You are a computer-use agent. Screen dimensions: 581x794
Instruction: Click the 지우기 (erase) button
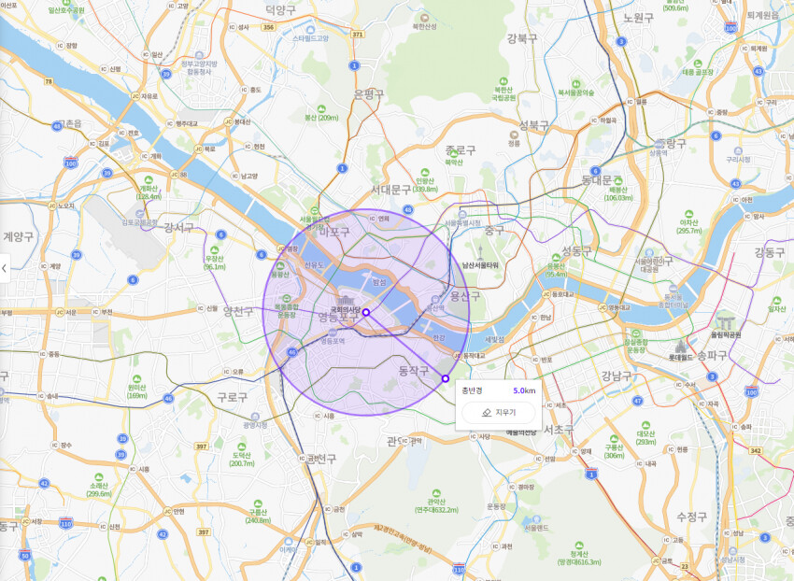pyautogui.click(x=498, y=412)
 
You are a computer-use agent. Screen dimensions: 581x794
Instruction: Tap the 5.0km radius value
pyautogui.click(x=524, y=390)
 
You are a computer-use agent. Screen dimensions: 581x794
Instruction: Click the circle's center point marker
pyautogui.click(x=366, y=313)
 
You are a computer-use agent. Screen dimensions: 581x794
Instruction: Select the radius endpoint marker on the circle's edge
pyautogui.click(x=445, y=378)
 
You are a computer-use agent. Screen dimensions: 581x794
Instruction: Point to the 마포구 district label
pyautogui.click(x=333, y=231)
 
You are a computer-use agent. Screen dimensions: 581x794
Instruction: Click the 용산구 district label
pyautogui.click(x=464, y=296)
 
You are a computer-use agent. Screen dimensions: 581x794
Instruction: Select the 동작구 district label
pyautogui.click(x=413, y=371)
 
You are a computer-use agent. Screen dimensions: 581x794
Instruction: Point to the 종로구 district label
pyautogui.click(x=461, y=149)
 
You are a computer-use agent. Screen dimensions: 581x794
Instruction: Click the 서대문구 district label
pyautogui.click(x=390, y=189)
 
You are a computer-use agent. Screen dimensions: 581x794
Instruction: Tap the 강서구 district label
pyautogui.click(x=178, y=227)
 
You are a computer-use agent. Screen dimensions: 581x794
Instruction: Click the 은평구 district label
pyautogui.click(x=369, y=93)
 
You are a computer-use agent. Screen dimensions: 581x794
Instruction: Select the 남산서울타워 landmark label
pyautogui.click(x=480, y=265)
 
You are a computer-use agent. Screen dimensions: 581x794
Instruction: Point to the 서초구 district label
pyautogui.click(x=557, y=430)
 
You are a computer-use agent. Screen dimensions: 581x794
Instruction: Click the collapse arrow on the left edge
pyautogui.click(x=5, y=269)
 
